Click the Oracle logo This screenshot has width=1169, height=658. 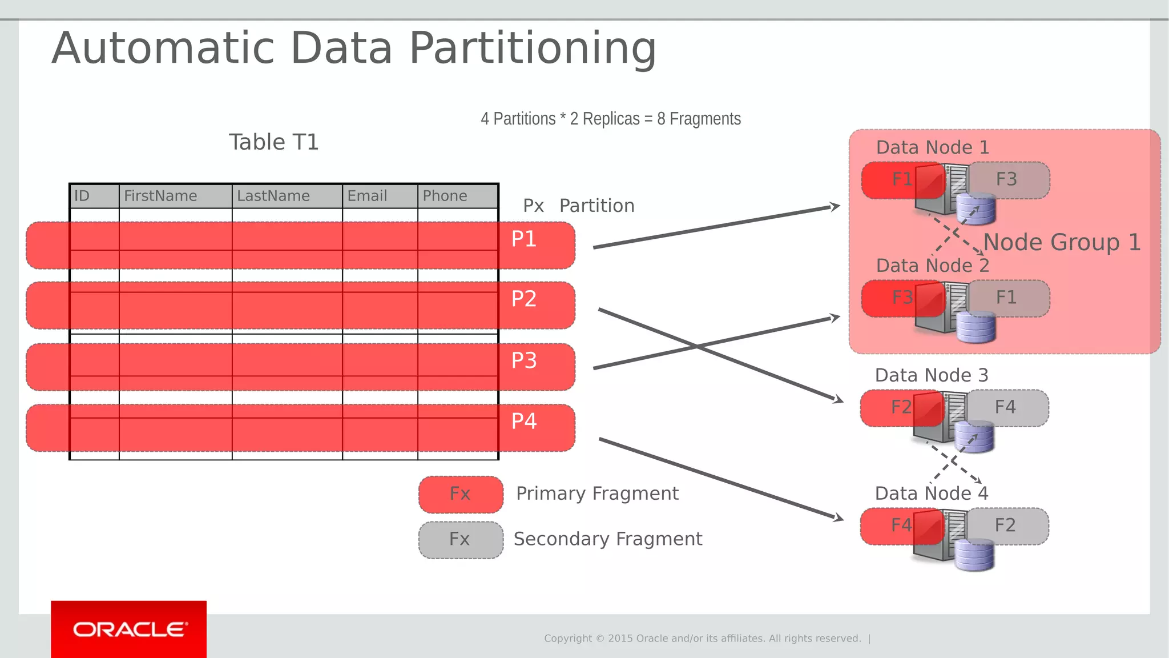(x=129, y=629)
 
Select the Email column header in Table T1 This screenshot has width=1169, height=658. (x=367, y=196)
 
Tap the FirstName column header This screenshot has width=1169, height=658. (x=160, y=196)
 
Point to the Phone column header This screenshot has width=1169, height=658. (x=445, y=196)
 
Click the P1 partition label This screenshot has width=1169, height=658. (x=523, y=239)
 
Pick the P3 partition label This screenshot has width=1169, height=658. (x=523, y=360)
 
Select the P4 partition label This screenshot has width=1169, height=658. (x=523, y=421)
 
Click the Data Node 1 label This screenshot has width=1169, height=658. (x=932, y=147)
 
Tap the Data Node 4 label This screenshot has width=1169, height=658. (x=931, y=493)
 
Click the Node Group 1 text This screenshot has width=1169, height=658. (x=1062, y=242)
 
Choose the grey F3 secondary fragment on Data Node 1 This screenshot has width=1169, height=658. (x=1013, y=180)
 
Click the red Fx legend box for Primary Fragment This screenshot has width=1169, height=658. (x=461, y=494)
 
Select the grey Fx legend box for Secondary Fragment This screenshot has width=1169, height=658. (x=461, y=539)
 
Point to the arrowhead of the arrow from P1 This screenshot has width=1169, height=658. (x=836, y=206)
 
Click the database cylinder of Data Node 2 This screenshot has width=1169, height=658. (x=976, y=327)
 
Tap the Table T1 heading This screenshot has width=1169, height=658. (x=273, y=142)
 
